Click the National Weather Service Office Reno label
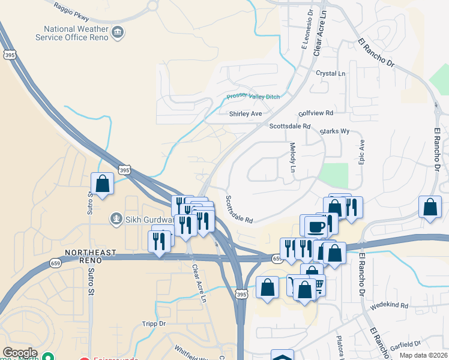pyautogui.click(x=75, y=33)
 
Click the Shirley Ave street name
pyautogui.click(x=246, y=113)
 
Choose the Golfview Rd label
pyautogui.click(x=316, y=113)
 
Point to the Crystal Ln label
pyautogui.click(x=331, y=73)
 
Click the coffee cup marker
pyautogui.click(x=316, y=226)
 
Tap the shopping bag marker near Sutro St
pyautogui.click(x=102, y=183)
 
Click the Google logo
pyautogui.click(x=19, y=353)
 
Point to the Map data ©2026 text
pyautogui.click(x=423, y=355)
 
